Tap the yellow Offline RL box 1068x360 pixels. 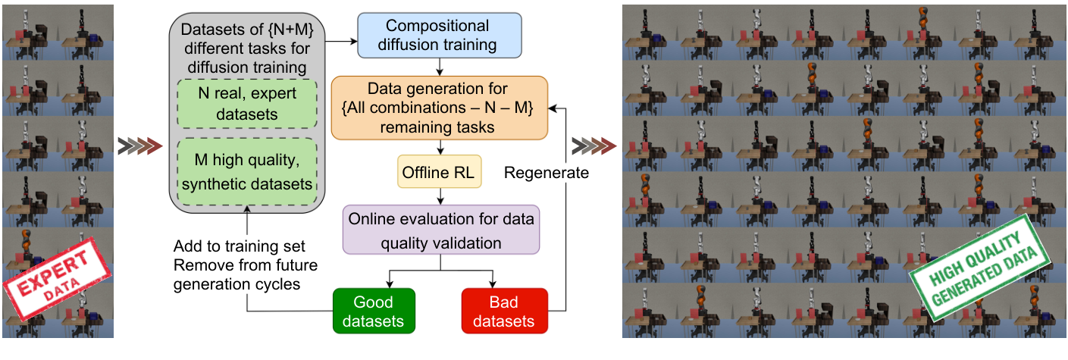pos(439,172)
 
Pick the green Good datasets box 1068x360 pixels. pos(374,311)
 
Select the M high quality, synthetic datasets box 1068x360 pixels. pos(248,173)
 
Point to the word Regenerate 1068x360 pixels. pos(547,172)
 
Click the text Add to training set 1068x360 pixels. pos(239,246)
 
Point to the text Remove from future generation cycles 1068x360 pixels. pos(245,274)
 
